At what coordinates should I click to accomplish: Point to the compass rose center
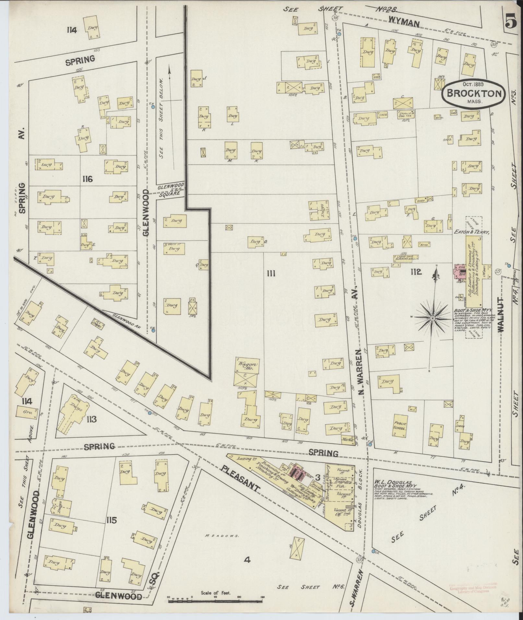coord(433,319)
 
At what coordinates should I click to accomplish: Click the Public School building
coord(400,426)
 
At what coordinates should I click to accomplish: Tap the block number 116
coord(88,179)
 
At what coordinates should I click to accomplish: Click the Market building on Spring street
coord(347,440)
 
